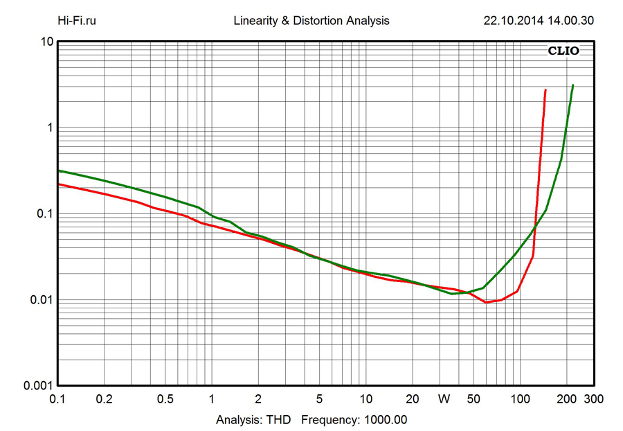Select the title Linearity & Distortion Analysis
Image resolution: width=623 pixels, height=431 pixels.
[x=311, y=21]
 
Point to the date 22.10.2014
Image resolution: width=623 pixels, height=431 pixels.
[x=511, y=21]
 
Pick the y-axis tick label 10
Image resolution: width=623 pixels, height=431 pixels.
[x=47, y=42]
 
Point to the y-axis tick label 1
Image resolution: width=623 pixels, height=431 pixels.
[x=50, y=128]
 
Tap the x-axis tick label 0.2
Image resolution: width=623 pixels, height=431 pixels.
[x=104, y=399]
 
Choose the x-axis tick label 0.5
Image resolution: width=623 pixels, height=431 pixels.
[x=165, y=399]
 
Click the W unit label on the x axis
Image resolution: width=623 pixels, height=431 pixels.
[x=444, y=399]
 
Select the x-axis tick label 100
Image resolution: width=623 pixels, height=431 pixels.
[x=520, y=399]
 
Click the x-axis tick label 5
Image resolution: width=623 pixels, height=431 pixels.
[x=319, y=399]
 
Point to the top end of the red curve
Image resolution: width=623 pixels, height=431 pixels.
[x=545, y=90]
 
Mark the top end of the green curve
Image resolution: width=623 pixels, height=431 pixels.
[x=572, y=85]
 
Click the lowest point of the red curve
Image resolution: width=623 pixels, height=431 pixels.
[x=486, y=302]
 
